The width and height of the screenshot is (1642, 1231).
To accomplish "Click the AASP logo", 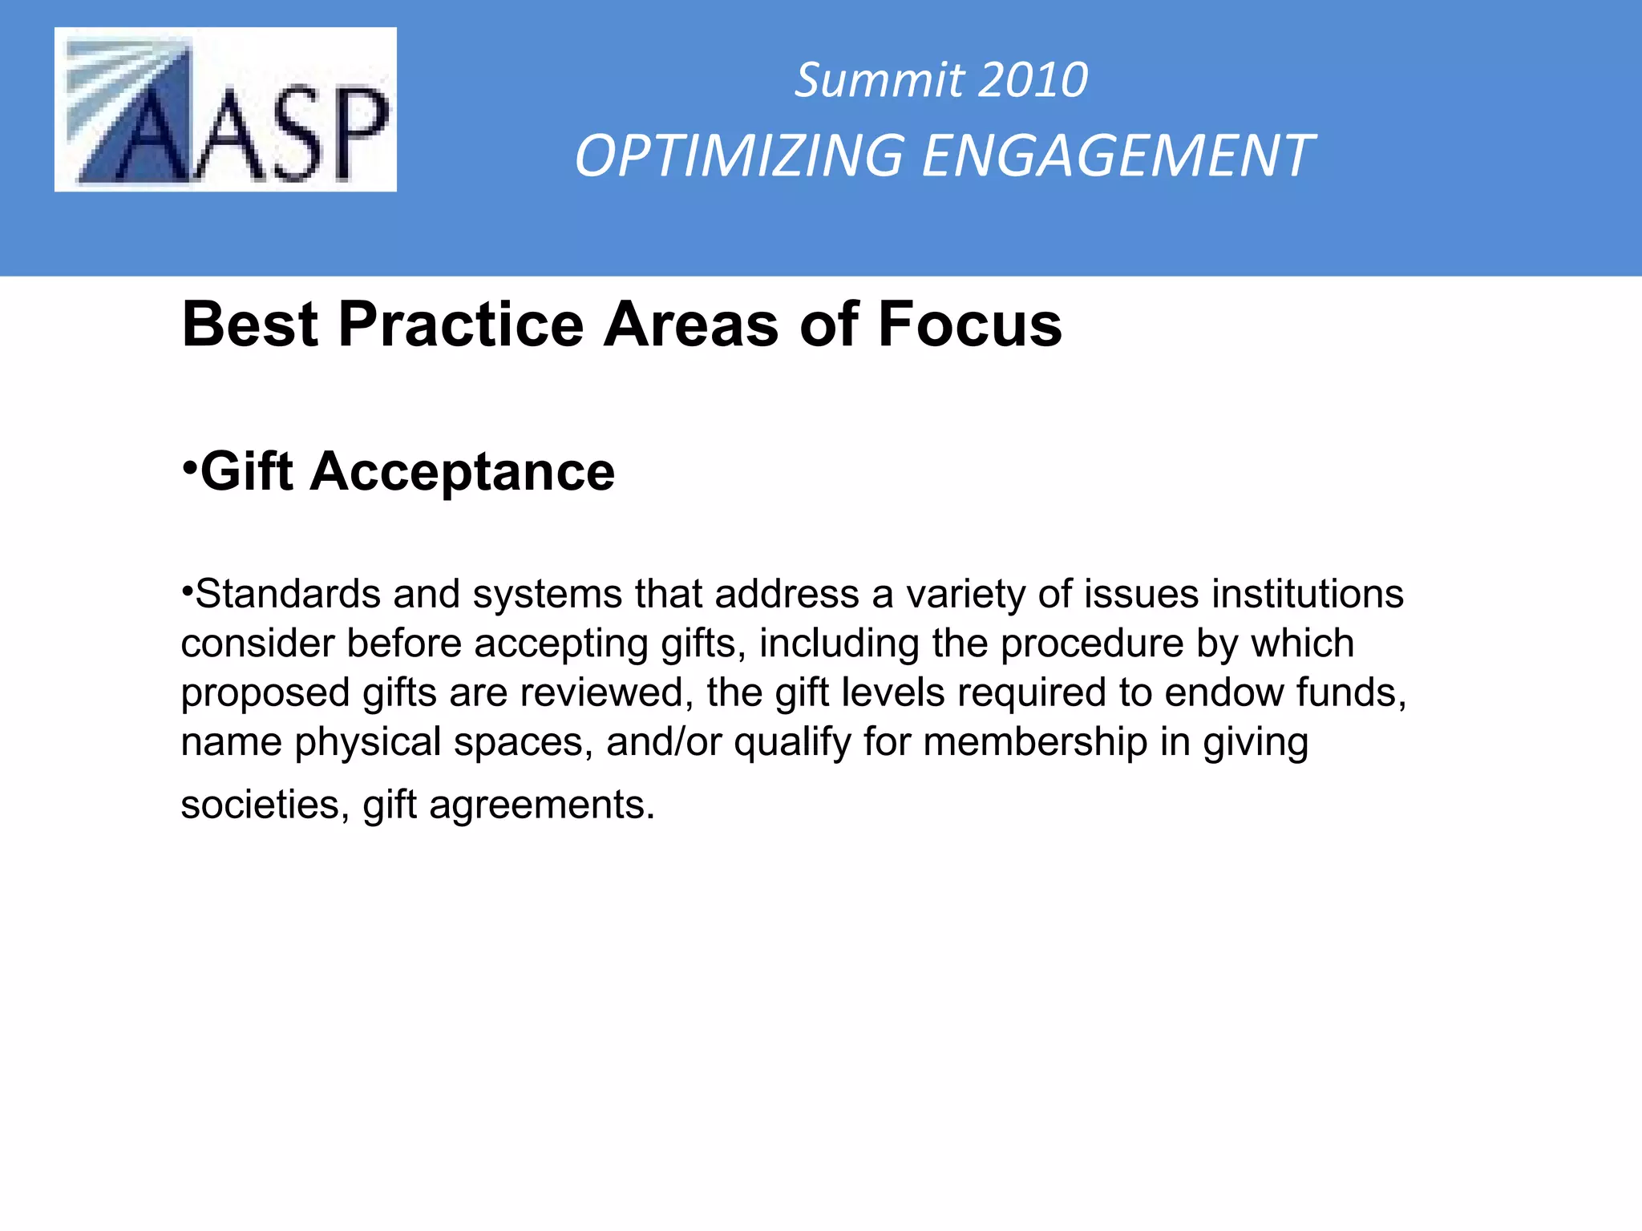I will (225, 110).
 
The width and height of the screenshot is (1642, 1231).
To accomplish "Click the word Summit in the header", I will (879, 80).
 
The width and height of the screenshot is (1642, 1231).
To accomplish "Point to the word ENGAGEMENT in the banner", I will (1117, 155).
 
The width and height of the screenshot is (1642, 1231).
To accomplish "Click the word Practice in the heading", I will (461, 325).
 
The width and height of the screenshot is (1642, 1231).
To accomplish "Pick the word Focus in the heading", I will (970, 325).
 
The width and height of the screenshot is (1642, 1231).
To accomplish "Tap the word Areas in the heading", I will (691, 325).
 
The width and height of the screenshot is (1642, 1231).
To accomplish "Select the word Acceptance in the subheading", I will (463, 471).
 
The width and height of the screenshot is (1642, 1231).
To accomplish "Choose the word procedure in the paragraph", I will (1092, 644).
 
